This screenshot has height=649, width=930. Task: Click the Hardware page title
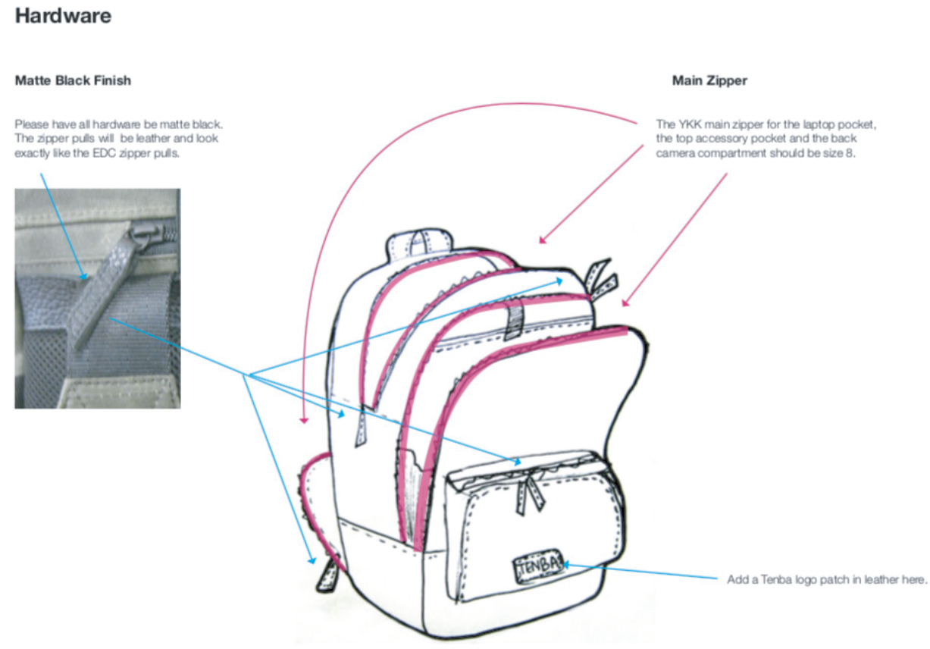point(63,16)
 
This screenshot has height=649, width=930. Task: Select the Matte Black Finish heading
point(73,80)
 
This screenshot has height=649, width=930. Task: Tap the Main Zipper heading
point(709,80)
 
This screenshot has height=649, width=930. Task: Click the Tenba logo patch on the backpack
point(539,565)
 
